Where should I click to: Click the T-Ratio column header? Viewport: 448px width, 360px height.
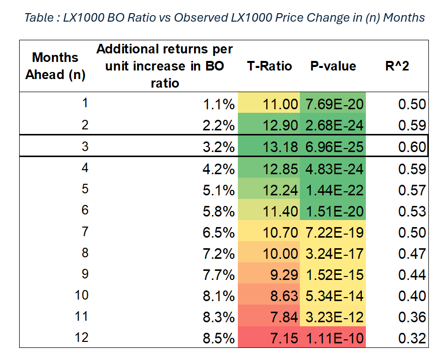(x=269, y=66)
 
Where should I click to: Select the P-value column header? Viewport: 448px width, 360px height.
(x=333, y=66)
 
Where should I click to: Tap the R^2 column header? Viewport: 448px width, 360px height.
(x=396, y=66)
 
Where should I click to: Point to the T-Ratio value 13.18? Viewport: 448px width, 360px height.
(x=269, y=147)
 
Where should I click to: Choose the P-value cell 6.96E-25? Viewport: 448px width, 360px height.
(x=333, y=147)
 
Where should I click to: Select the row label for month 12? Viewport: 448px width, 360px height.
(x=82, y=337)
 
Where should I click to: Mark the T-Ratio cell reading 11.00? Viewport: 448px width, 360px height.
(x=269, y=104)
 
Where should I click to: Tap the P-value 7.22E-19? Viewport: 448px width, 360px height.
(x=333, y=233)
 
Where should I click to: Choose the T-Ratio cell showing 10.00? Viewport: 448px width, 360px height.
(x=269, y=254)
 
